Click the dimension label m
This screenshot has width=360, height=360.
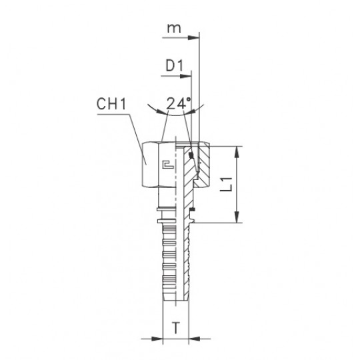174,28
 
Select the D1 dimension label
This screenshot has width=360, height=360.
175,66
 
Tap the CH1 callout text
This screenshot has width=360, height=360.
111,103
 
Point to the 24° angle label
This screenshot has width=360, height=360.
179,103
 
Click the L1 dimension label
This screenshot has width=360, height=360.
227,185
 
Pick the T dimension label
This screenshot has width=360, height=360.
176,327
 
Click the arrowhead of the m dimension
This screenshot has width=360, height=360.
193,37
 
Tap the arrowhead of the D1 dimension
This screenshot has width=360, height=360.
185,76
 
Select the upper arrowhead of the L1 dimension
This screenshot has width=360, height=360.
237,151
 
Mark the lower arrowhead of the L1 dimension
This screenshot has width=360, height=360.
237,217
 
